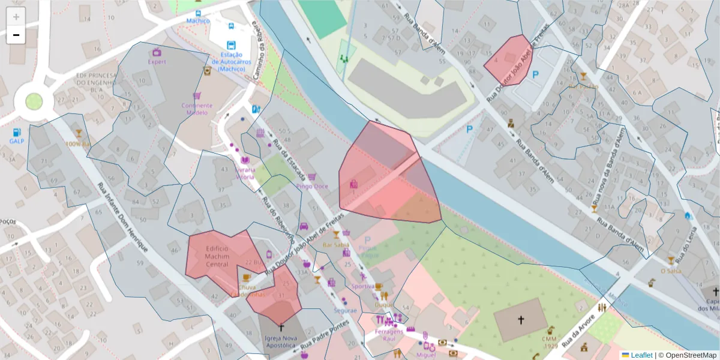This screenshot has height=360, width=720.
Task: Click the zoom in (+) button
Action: pyautogui.click(x=16, y=17)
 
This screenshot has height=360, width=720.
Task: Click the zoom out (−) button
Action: pyautogui.click(x=16, y=35)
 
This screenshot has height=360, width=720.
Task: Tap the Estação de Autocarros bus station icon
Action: pyautogui.click(x=232, y=46)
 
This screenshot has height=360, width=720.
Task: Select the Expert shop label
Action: pyautogui.click(x=157, y=61)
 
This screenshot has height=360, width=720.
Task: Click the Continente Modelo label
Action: pyautogui.click(x=197, y=109)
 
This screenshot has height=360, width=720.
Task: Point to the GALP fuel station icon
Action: pyautogui.click(x=16, y=132)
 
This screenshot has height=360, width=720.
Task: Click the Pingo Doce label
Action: pyautogui.click(x=312, y=186)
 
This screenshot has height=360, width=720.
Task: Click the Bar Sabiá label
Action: pyautogui.click(x=336, y=245)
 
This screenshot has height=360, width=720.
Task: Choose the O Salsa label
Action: pyautogui.click(x=670, y=271)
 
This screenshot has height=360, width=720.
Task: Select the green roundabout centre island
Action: pyautogui.click(x=34, y=101)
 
